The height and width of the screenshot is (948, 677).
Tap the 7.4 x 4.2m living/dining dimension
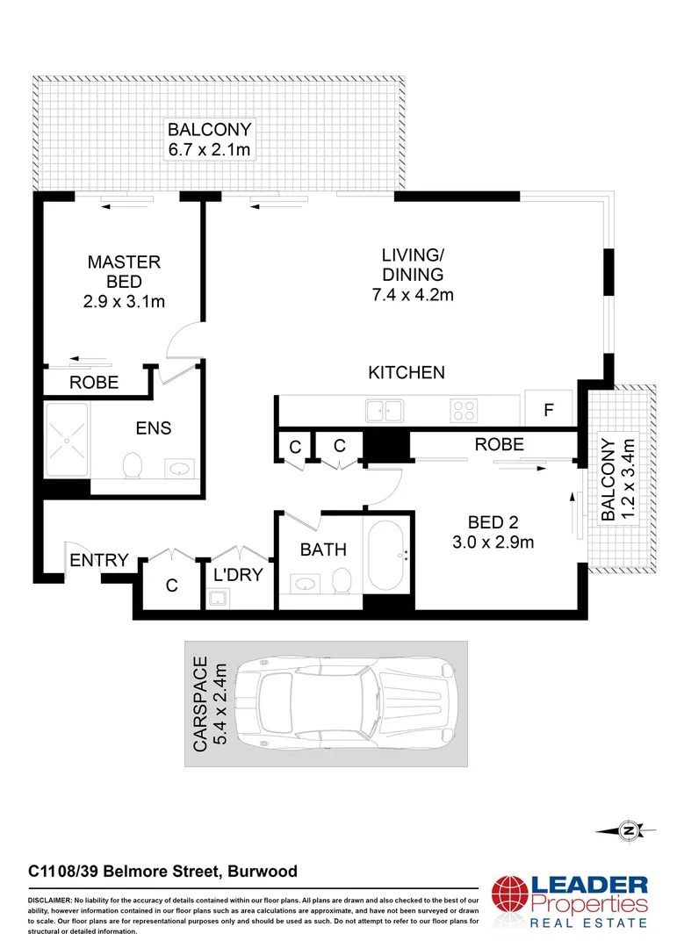[412, 295]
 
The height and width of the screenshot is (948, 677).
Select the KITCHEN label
[406, 373]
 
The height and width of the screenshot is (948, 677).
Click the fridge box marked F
[549, 409]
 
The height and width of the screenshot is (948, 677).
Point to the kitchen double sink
[385, 409]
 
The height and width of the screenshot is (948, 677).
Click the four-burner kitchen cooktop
[464, 409]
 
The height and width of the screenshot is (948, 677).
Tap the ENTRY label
[99, 560]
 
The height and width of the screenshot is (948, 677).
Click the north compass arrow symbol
[625, 829]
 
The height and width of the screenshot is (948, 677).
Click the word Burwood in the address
[263, 872]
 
